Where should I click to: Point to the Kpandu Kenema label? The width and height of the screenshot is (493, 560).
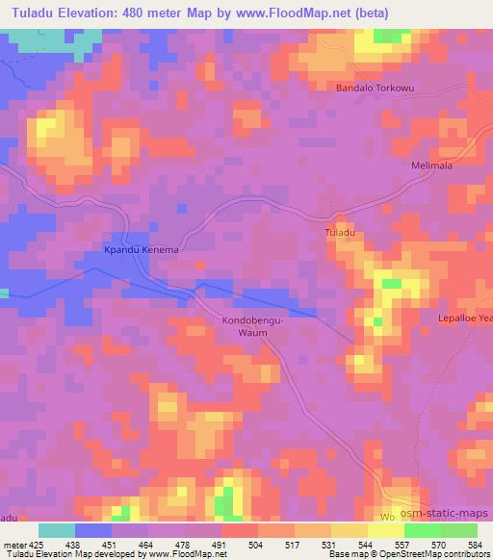(x=142, y=249)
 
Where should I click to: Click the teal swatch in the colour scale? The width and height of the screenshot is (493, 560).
(x=57, y=530)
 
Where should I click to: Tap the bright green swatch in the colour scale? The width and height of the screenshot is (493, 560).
(x=422, y=530)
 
